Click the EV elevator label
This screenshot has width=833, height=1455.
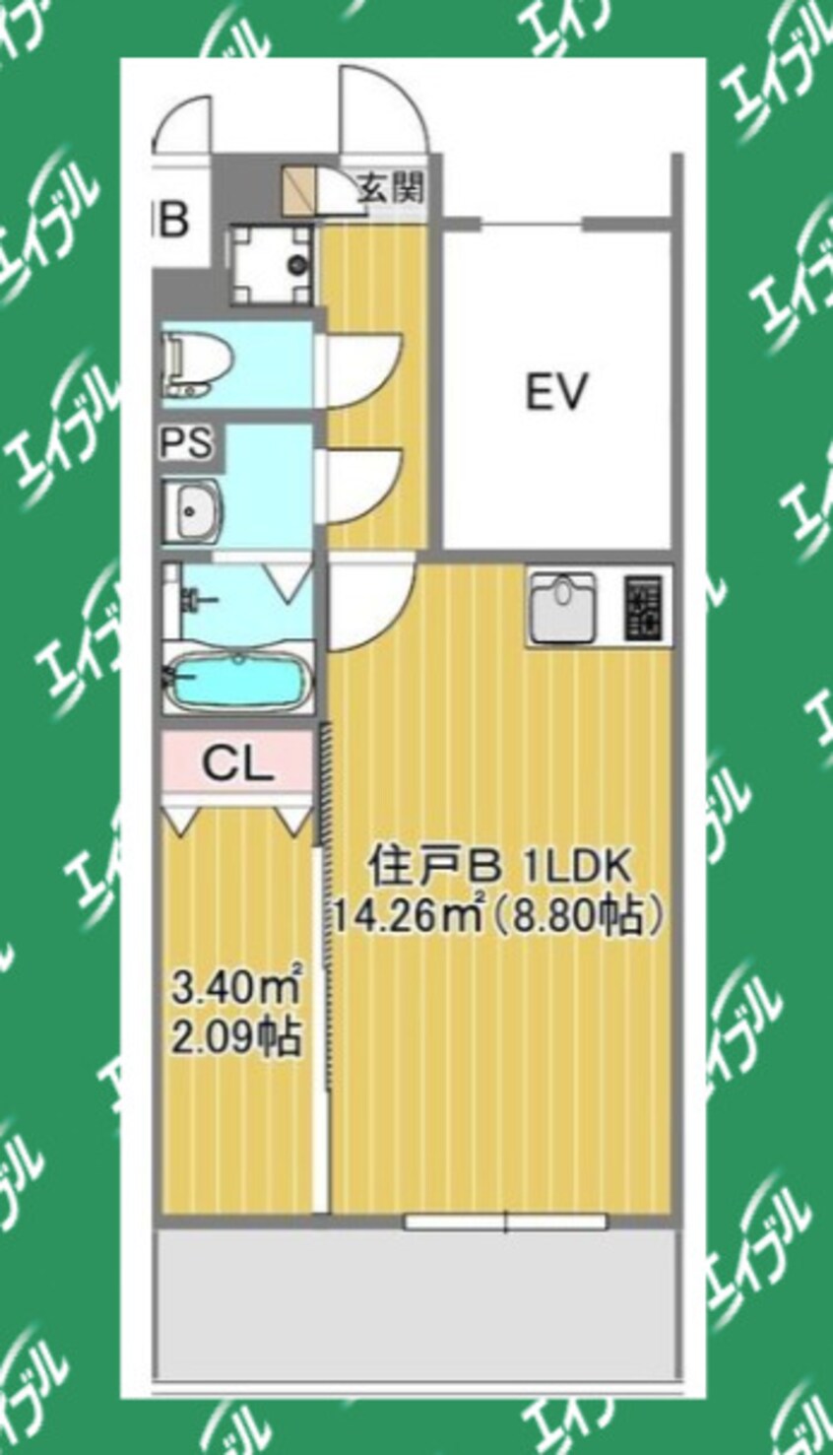[x=555, y=392]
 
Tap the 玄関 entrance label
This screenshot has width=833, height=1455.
[x=390, y=186]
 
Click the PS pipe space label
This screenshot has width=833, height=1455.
[x=187, y=442]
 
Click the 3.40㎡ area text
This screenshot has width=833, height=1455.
[x=236, y=985]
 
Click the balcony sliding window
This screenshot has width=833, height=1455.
[x=506, y=1222]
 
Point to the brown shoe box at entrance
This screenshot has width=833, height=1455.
[x=297, y=189]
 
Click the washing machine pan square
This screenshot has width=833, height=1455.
[x=270, y=264]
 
